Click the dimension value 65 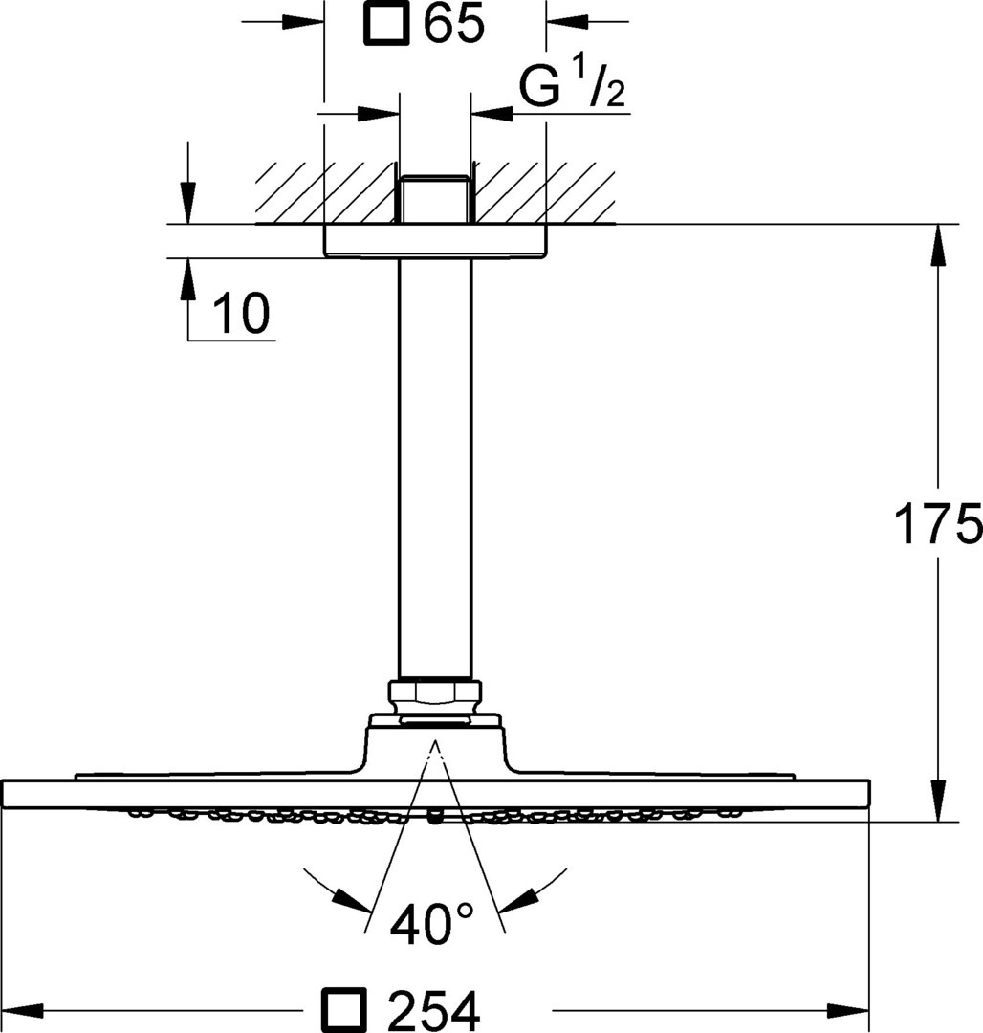(453, 23)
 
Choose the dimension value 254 (433, 1010)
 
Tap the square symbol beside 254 (343, 1009)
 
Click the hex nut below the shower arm (435, 695)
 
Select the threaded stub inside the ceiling (435, 199)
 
